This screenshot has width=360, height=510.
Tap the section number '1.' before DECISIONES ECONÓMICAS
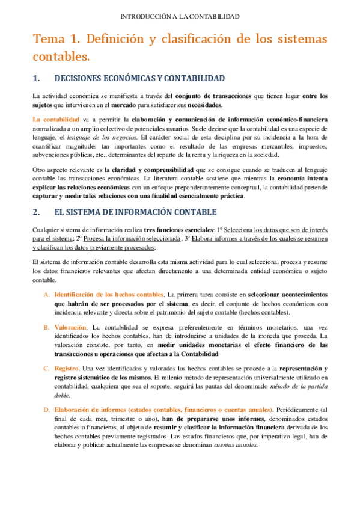[35, 78]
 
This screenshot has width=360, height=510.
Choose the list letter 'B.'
[47, 327]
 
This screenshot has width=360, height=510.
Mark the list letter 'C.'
[47, 369]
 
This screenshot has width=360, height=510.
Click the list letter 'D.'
[47, 410]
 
